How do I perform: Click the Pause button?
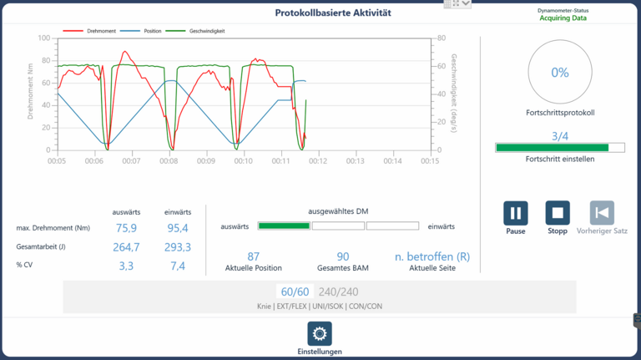516,213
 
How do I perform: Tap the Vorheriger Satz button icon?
602,213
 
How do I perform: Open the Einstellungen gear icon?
320,334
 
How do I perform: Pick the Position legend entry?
149,31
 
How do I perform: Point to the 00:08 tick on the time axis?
169,161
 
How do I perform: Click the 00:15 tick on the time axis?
429,161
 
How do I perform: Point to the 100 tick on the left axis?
44,38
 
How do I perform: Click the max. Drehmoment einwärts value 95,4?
177,228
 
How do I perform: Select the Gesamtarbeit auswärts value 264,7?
126,247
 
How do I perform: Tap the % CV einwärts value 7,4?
177,266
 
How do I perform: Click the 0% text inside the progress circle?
560,73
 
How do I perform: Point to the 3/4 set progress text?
560,136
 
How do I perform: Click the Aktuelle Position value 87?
254,256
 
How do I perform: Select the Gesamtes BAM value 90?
342,256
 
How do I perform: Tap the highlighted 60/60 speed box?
295,292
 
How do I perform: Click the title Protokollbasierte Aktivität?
333,13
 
